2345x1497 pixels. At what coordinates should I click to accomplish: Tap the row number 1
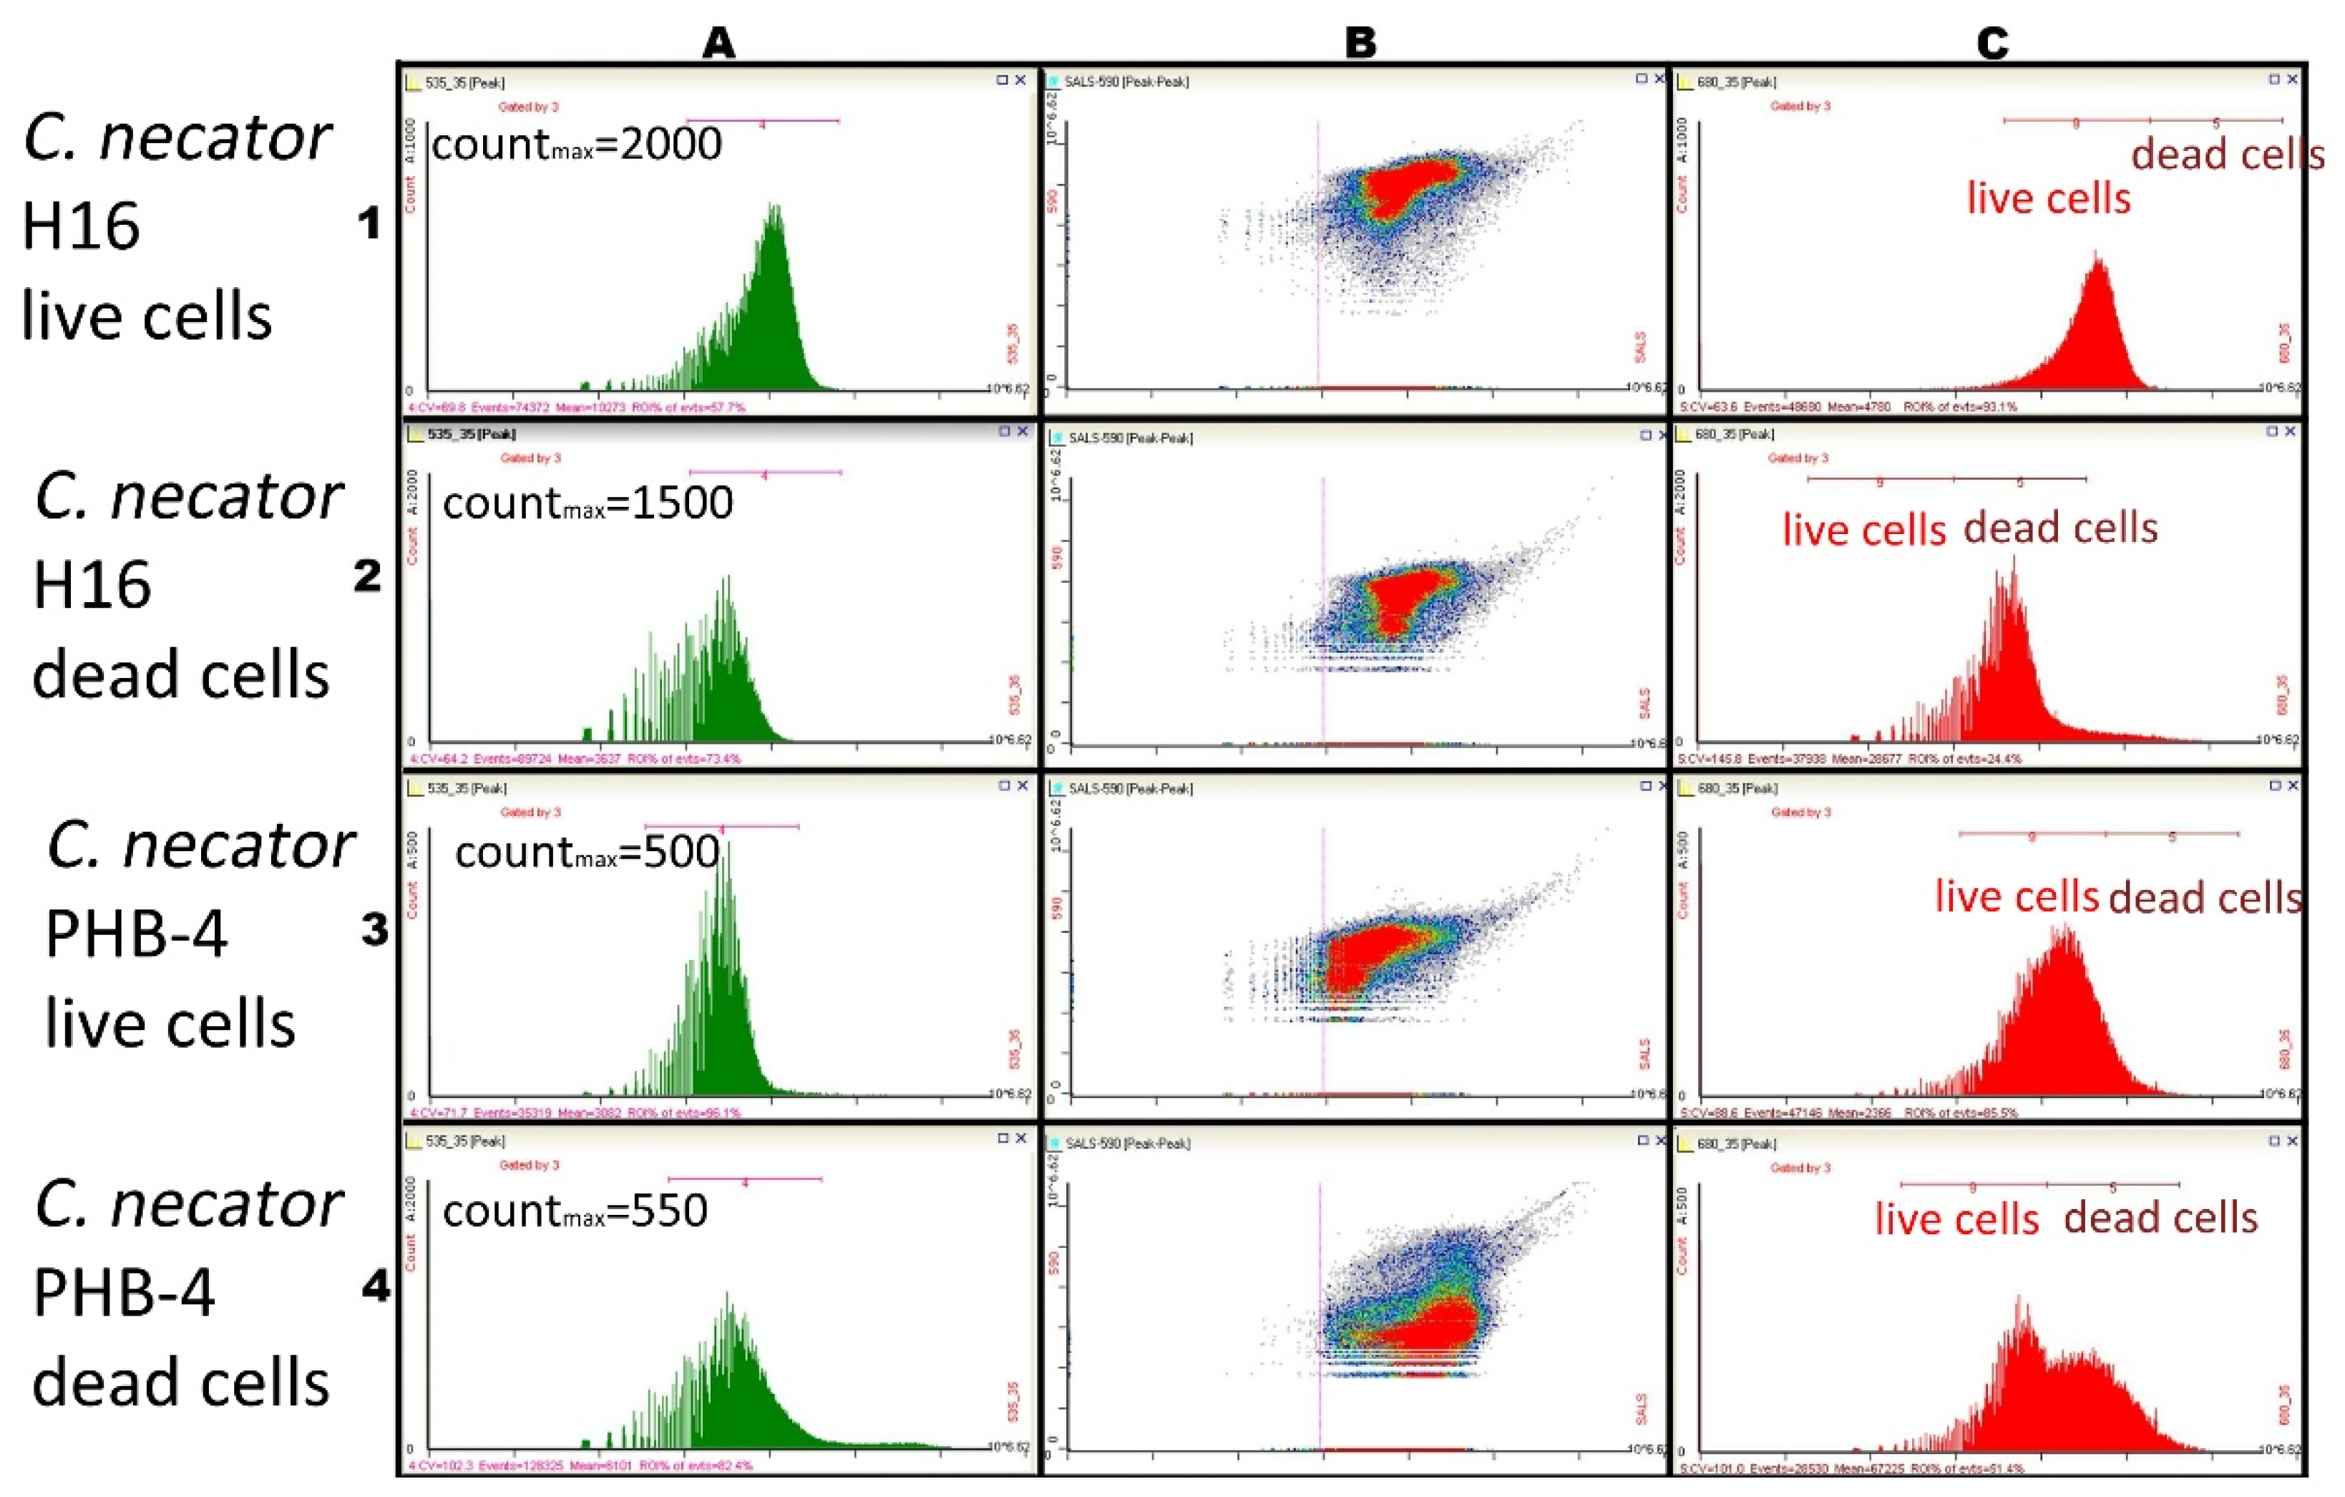[x=368, y=225]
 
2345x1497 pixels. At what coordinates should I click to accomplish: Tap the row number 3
[x=374, y=930]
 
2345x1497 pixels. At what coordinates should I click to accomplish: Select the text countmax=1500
[x=588, y=503]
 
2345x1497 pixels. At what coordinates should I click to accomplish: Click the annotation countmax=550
[x=575, y=1211]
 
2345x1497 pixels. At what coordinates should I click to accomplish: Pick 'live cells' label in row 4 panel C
[x=1956, y=1219]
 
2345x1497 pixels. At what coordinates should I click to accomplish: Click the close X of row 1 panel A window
[x=1020, y=81]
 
